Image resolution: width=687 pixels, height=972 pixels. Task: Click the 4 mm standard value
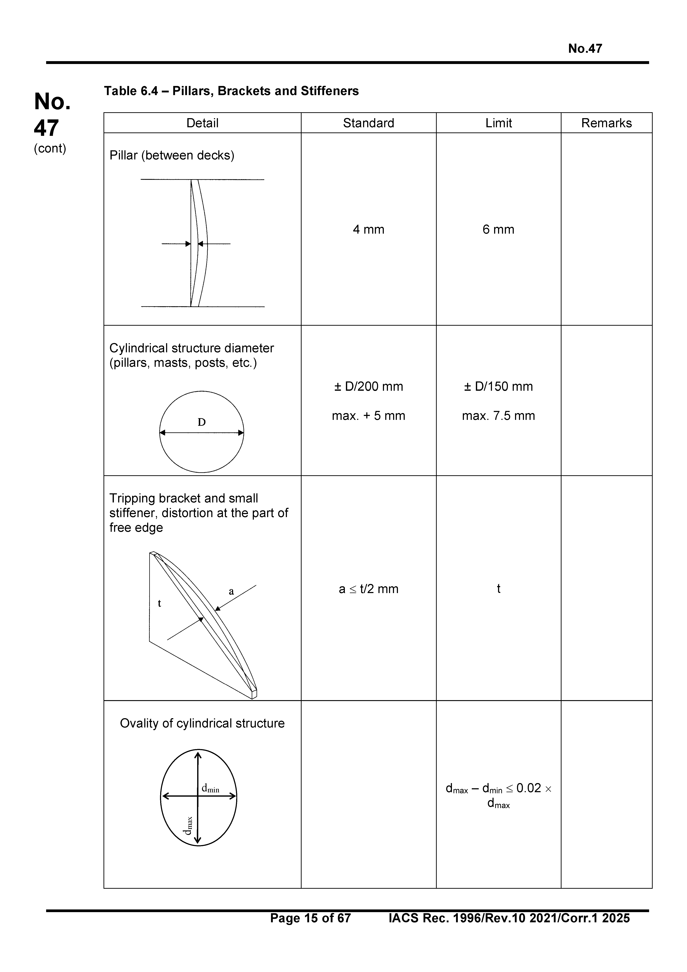coord(368,230)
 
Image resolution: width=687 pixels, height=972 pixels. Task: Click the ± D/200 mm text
coord(368,386)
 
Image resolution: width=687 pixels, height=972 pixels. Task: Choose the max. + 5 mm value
coord(368,416)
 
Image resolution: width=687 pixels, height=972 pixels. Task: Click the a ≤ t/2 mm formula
coord(368,589)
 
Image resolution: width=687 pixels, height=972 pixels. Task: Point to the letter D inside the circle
coord(201,422)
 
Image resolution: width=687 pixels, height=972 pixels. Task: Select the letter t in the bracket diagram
coord(160,603)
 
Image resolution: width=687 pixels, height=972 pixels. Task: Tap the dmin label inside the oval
coord(210,788)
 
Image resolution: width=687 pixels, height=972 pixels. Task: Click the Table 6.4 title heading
coord(231,91)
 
